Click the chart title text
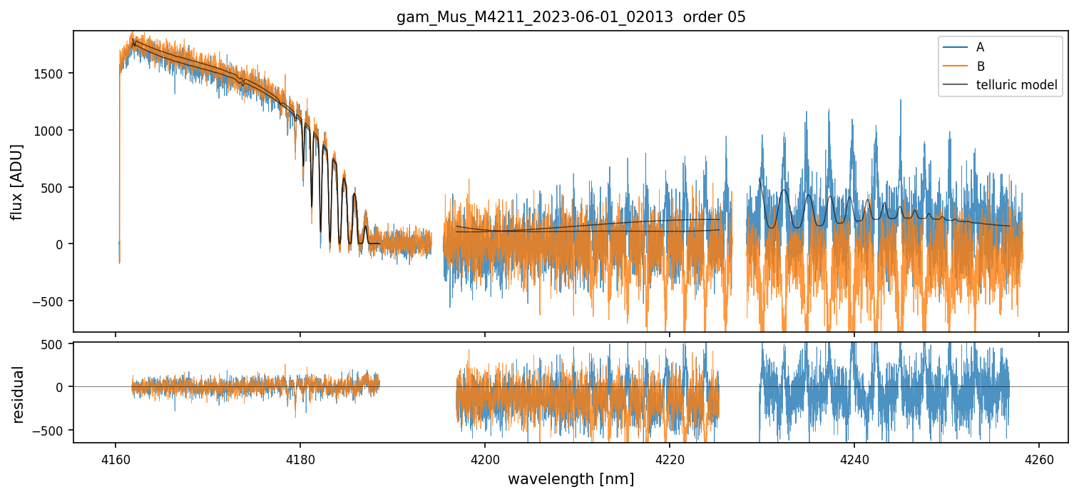pyautogui.click(x=571, y=17)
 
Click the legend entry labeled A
pyautogui.click(x=980, y=47)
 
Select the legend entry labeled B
pyautogui.click(x=980, y=66)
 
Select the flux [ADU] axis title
pyautogui.click(x=16, y=181)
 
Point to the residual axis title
pyautogui.click(x=16, y=394)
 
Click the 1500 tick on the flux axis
pyautogui.click(x=51, y=74)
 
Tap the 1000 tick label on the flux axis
pyautogui.click(x=51, y=131)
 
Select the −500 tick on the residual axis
pyautogui.click(x=51, y=431)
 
